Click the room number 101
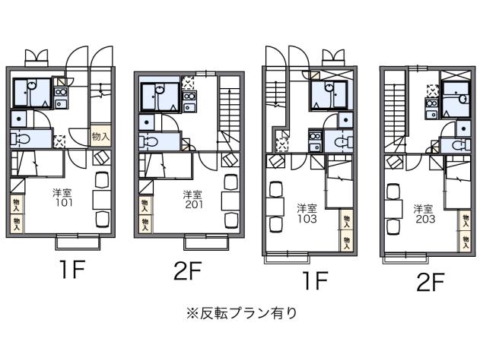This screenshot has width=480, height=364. [x=63, y=203]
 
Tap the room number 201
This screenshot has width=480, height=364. [x=192, y=204]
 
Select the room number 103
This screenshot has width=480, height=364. [x=307, y=217]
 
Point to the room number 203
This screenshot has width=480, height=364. [x=424, y=217]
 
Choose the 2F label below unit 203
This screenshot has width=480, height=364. [x=430, y=281]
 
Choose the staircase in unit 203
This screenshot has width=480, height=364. [x=393, y=106]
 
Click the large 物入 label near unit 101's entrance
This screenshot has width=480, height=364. [x=100, y=137]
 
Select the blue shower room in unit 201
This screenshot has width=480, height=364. [x=157, y=99]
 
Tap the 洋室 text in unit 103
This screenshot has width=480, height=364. [x=307, y=207]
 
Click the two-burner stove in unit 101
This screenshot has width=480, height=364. [x=61, y=94]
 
